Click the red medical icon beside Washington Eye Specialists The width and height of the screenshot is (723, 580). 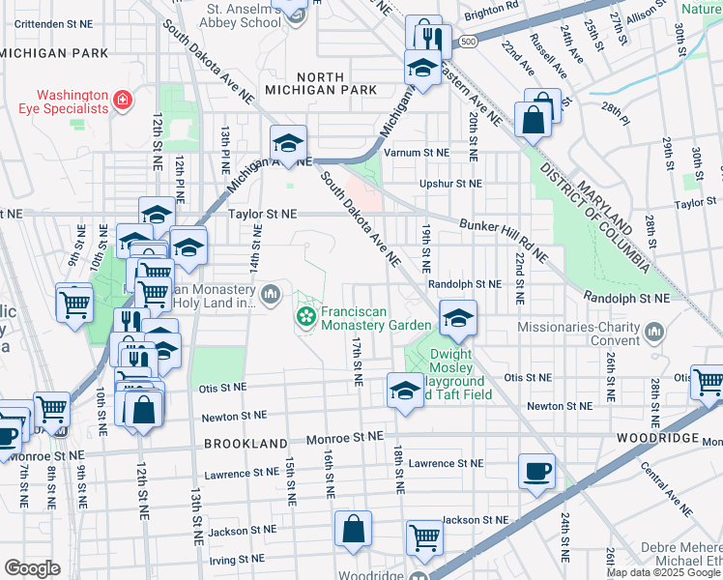coord(122,101)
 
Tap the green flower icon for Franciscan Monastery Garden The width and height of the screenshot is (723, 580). coord(305,316)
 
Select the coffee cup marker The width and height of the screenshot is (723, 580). coord(536,472)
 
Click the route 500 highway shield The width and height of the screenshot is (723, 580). coord(469,43)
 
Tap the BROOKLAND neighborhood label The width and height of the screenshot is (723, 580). coord(245,442)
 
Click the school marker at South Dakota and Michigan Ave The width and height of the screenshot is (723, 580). coord(287,144)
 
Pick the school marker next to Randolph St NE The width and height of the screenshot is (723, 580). coord(458,317)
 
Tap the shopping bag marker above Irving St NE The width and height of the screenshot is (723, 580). coord(353,529)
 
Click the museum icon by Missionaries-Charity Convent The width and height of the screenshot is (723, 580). coord(655,333)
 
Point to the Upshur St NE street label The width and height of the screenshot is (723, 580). coord(449,183)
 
